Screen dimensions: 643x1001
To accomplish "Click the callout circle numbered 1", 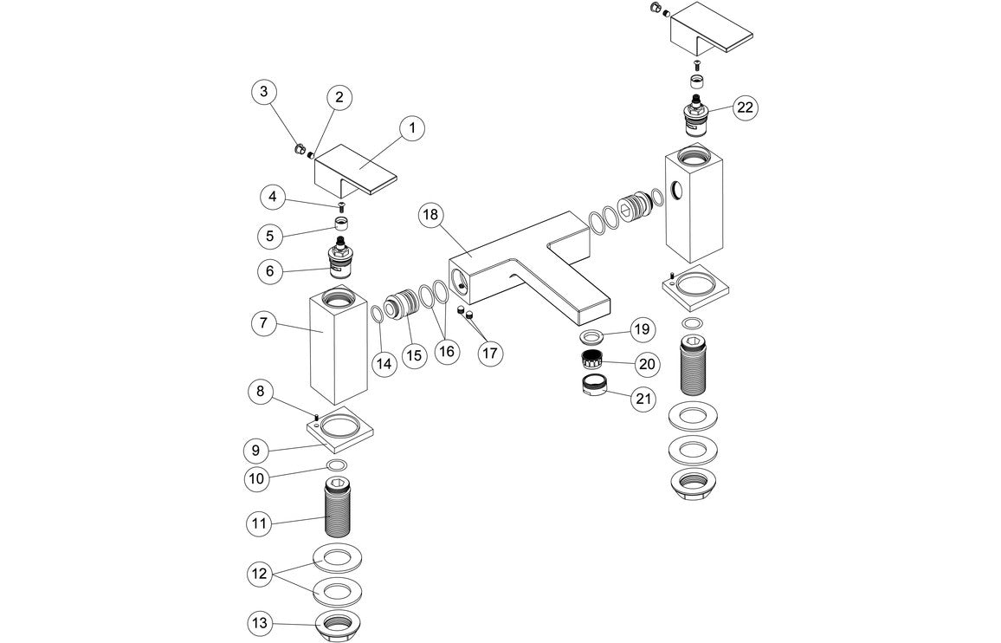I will coord(412,128).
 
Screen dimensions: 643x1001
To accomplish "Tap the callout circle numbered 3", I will coord(265,90).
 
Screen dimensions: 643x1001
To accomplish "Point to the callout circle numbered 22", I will coord(745,107).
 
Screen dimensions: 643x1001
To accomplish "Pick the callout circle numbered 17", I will coord(490,353).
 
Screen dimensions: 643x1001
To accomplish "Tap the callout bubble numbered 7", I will coord(263,325).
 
